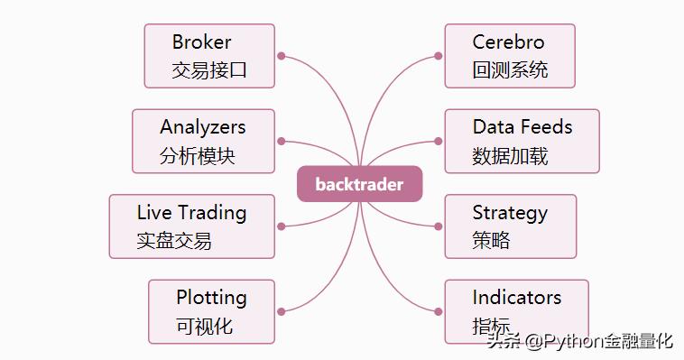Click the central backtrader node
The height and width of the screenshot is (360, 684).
coord(359,184)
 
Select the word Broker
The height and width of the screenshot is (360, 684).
coord(202,42)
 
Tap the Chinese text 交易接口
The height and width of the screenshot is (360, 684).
coord(208,69)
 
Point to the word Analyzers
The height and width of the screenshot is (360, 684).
coord(203,127)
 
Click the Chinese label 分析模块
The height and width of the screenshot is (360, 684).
coord(198,155)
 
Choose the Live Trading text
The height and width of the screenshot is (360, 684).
coord(191,213)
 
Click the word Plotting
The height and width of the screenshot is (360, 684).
coord(211,297)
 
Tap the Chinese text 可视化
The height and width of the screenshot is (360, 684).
coord(205,325)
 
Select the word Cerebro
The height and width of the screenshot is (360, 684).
coord(509,42)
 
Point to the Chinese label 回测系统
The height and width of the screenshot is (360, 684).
coord(510,69)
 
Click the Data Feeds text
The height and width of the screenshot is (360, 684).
coord(522,127)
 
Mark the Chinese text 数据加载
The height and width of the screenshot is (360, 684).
coord(510,155)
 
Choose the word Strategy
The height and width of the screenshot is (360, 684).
coord(510,213)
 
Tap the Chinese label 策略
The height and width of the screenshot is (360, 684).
coord(491,240)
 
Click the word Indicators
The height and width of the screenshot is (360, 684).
coord(516,297)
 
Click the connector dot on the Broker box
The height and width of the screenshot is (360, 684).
coord(282,56)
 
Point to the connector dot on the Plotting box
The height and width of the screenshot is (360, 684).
coord(282,311)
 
